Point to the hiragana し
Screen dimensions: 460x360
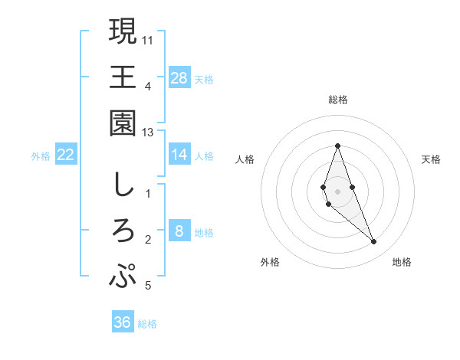[x=123, y=185]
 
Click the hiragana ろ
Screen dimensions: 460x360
[x=123, y=231]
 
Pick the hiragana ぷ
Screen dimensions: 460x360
[x=123, y=276]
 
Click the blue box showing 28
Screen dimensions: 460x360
[x=179, y=77]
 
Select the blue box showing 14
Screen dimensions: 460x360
[x=179, y=155]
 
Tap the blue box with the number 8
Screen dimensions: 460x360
[x=179, y=231]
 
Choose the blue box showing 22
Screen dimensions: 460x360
[x=66, y=155]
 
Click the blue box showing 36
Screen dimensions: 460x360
[x=123, y=322]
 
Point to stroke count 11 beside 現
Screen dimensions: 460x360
[x=148, y=38]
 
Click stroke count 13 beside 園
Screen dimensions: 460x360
[x=148, y=133]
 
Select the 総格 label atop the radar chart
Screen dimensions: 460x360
[x=338, y=100]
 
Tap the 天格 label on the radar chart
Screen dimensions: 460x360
[x=432, y=159]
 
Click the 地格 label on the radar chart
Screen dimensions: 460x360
[x=402, y=262]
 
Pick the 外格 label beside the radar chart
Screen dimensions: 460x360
[x=270, y=262]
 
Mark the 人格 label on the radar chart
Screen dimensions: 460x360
[x=245, y=159]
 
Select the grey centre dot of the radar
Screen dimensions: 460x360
[x=338, y=191]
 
